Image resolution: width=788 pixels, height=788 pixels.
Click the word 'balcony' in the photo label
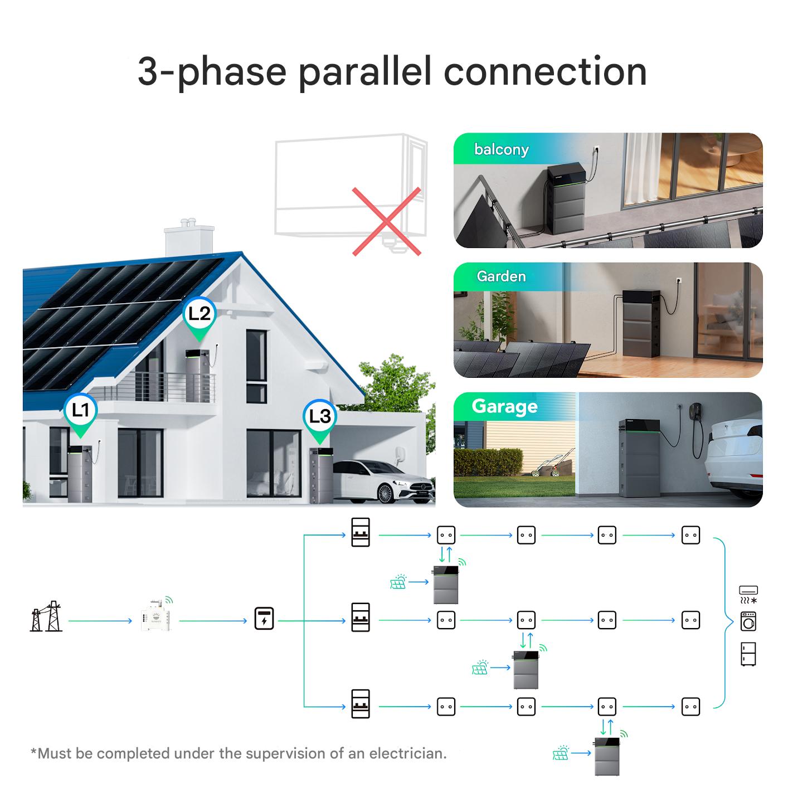tap(502, 150)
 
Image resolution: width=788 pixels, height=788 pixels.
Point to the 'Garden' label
tap(502, 276)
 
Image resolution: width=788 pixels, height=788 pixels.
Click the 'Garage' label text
tap(504, 406)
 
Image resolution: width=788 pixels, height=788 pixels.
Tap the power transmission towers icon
tap(46, 616)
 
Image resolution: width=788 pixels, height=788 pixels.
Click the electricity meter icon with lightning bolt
tap(264, 618)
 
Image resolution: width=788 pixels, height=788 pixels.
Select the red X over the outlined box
tap(386, 222)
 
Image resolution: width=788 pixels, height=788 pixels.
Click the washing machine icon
tap(748, 621)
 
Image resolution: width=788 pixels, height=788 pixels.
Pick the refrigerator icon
tap(748, 654)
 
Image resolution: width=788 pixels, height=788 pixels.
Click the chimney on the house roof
tap(189, 238)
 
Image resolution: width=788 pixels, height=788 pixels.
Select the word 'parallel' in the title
tap(365, 72)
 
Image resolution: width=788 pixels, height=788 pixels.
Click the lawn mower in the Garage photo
tap(551, 464)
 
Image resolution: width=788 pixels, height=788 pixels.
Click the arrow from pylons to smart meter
tap(100, 621)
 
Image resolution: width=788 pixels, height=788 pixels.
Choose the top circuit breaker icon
tap(361, 532)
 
